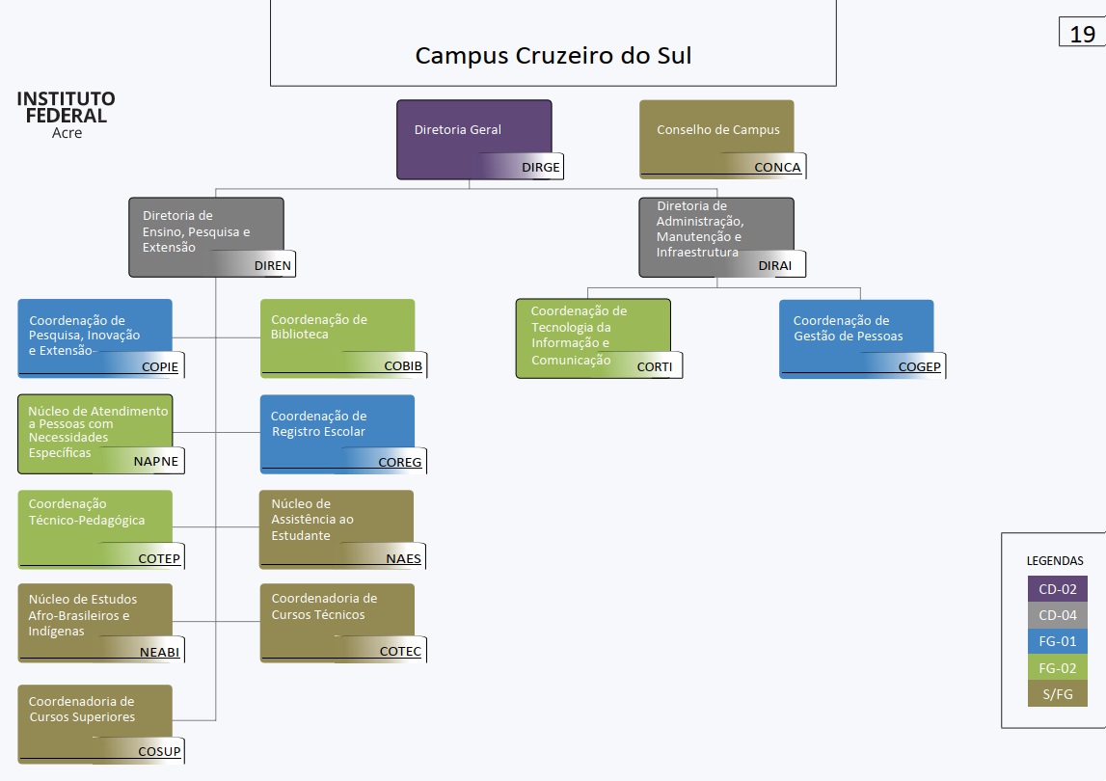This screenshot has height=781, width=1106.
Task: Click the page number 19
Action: pos(1082,34)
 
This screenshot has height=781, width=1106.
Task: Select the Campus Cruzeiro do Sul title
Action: pos(553,55)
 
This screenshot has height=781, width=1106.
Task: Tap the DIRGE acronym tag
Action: pos(540,168)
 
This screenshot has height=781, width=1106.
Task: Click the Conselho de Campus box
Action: pos(716,131)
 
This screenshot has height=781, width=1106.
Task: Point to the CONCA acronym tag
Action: pos(777,168)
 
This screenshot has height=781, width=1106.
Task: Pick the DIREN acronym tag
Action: pos(272,266)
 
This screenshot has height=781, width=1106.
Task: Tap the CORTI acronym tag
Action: pos(655,367)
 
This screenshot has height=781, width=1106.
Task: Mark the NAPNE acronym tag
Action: pos(155,462)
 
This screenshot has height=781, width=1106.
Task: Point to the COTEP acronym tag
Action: pos(158,558)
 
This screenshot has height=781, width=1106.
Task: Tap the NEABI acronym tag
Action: pos(158,653)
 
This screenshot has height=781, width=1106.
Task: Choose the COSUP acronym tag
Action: pos(159,752)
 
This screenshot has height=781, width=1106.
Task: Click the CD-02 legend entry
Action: pos(1057,588)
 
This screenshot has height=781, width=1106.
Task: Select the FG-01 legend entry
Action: pos(1057,640)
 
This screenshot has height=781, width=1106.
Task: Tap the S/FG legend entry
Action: pos(1057,693)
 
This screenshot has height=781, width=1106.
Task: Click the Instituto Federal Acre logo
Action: pos(66,115)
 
